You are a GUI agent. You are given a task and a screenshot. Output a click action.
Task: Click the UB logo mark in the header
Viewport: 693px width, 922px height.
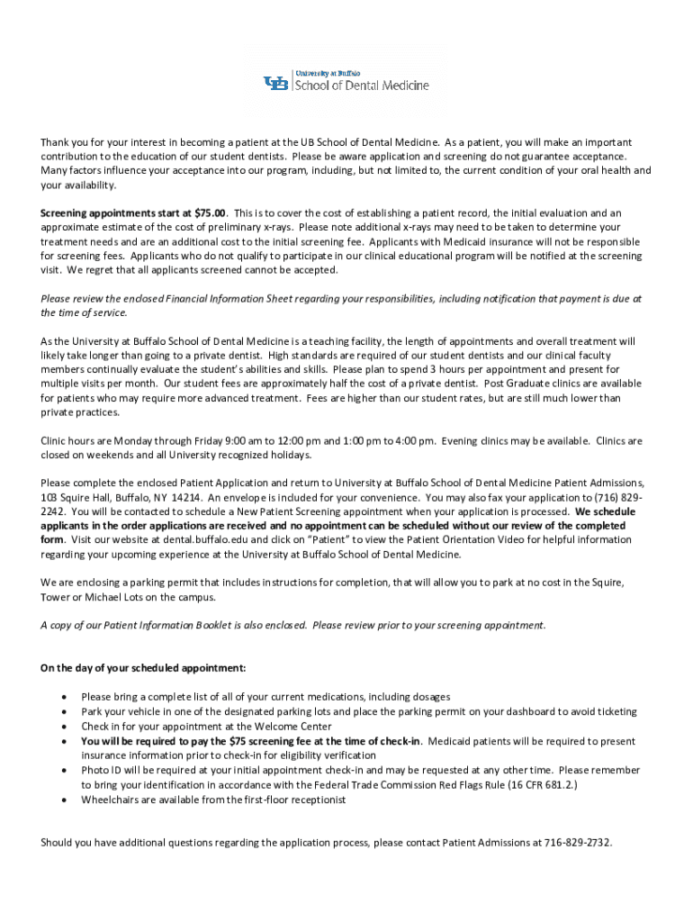276,84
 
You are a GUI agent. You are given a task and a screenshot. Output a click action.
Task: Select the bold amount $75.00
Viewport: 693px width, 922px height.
210,213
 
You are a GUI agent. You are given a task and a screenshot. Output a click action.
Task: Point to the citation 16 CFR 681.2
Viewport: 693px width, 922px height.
530,784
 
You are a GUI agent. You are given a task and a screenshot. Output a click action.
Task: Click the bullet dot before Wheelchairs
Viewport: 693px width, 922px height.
63,800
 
